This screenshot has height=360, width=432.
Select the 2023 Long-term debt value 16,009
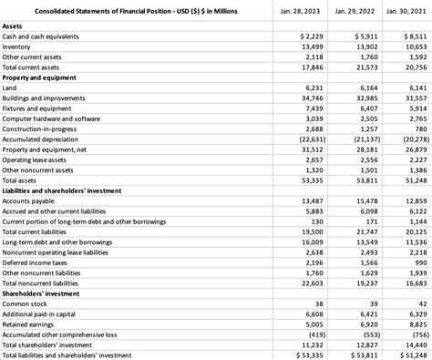(x=311, y=242)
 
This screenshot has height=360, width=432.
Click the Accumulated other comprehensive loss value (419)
(x=314, y=334)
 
